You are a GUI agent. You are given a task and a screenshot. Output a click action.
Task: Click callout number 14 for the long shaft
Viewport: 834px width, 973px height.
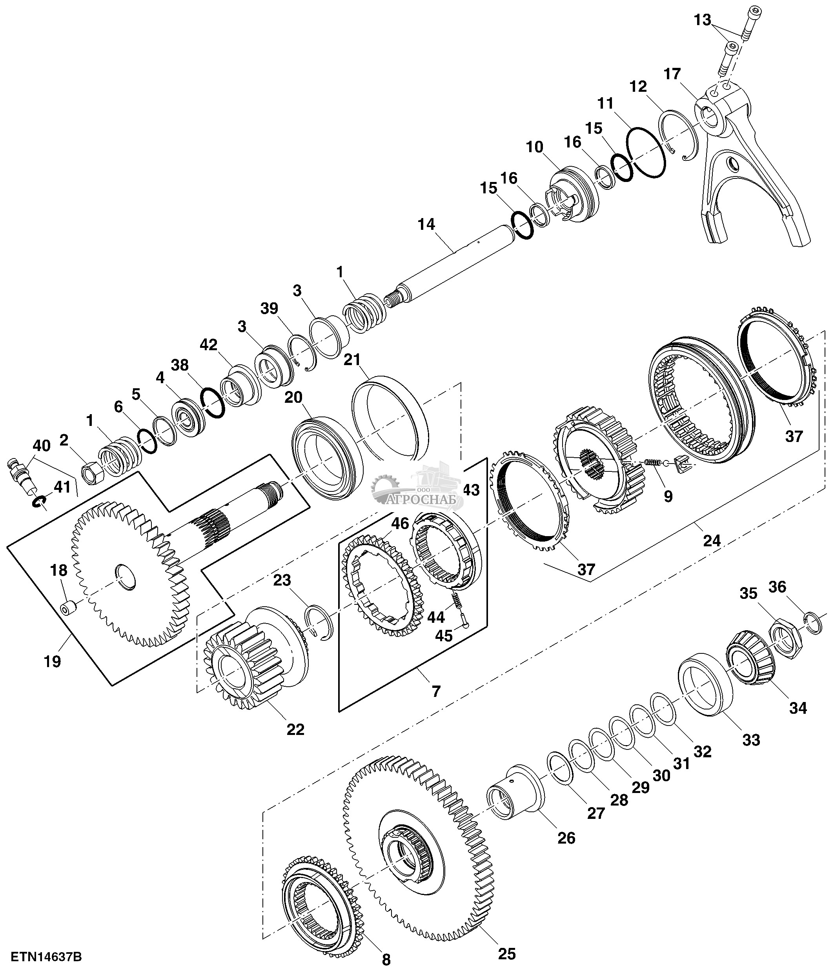(426, 224)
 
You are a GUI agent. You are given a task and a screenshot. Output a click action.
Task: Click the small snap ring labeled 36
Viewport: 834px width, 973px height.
(813, 623)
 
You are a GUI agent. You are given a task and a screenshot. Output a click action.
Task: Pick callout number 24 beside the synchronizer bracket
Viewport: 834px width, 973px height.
(712, 541)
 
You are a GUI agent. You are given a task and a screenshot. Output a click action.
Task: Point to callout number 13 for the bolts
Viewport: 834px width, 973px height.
(703, 20)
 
